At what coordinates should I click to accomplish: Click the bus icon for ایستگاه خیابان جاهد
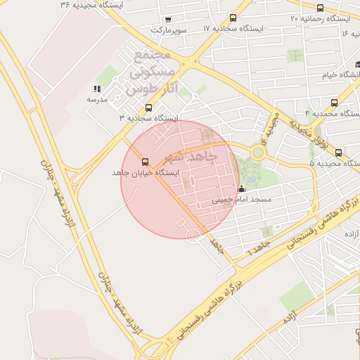146,162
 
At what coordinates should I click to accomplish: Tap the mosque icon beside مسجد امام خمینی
243,188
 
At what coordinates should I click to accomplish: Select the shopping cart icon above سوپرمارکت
167,20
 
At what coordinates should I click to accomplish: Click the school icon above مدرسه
97,89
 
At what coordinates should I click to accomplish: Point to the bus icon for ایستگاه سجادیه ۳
148,108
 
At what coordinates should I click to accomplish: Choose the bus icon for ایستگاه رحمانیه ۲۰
320,9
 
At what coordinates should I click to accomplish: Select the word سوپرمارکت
169,31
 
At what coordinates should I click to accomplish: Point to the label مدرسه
97,100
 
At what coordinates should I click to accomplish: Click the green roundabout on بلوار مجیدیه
258,151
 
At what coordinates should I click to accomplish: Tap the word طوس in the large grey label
138,90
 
